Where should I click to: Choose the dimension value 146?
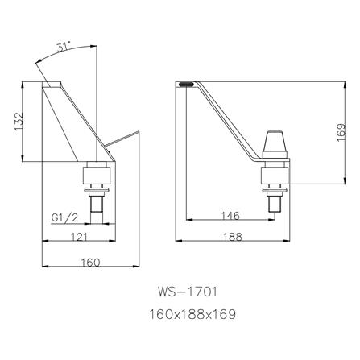click(230, 216)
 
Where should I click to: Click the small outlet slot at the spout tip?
click(185, 82)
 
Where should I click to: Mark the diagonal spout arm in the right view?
click(230, 121)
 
